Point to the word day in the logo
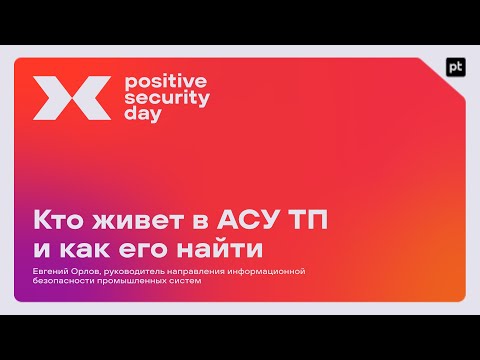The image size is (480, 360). (140, 114)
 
